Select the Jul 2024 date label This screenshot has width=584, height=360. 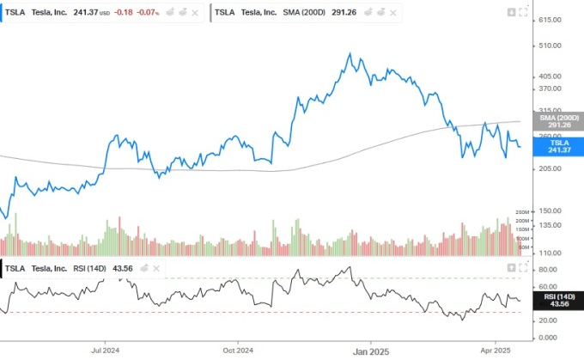(104, 351)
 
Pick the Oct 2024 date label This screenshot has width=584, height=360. (237, 351)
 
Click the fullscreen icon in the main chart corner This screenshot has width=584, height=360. (524, 13)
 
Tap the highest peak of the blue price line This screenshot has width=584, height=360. (350, 54)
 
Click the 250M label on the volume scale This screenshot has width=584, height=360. (520, 212)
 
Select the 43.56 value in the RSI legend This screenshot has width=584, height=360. (123, 269)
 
